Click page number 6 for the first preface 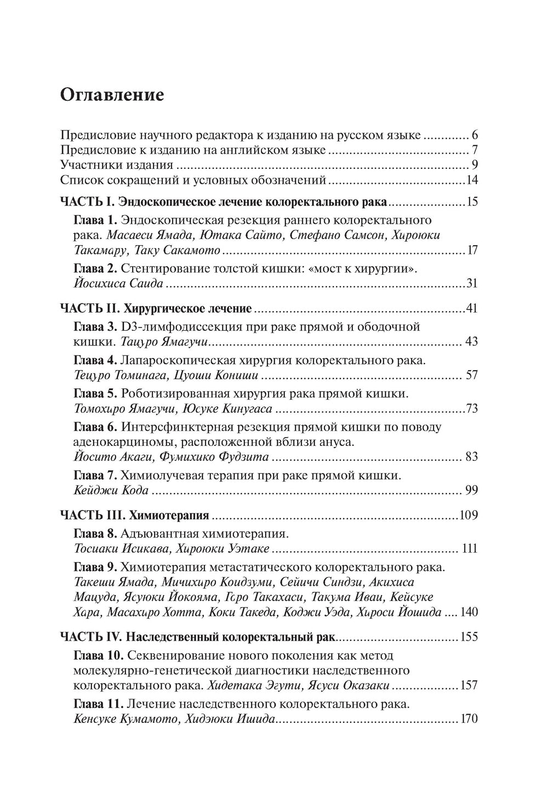point(475,135)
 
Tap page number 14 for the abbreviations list point(471,180)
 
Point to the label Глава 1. point(95,220)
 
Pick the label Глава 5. point(95,393)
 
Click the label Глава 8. point(95,533)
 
